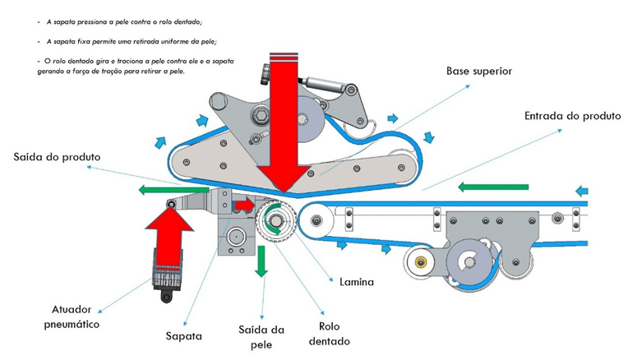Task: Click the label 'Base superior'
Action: click(479, 72)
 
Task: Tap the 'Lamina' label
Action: click(357, 282)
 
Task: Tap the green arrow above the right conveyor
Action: click(481, 187)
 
